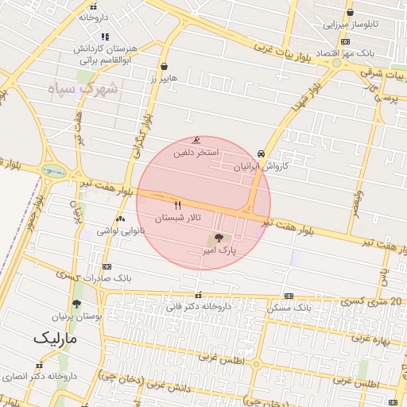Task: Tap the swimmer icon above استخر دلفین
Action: point(196,141)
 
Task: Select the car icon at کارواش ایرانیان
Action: point(262,153)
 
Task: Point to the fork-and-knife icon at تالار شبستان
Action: point(177,205)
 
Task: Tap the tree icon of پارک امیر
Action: point(219,238)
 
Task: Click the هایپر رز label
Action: point(164,79)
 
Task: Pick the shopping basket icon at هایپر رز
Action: point(164,67)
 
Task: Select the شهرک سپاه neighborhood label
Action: point(83,88)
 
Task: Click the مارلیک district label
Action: point(57,338)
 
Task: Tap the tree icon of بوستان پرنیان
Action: point(76,304)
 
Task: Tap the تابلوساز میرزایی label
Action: point(351,25)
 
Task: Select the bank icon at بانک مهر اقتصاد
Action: point(344,41)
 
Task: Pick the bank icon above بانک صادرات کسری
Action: point(107,266)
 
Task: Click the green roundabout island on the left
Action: point(53,170)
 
